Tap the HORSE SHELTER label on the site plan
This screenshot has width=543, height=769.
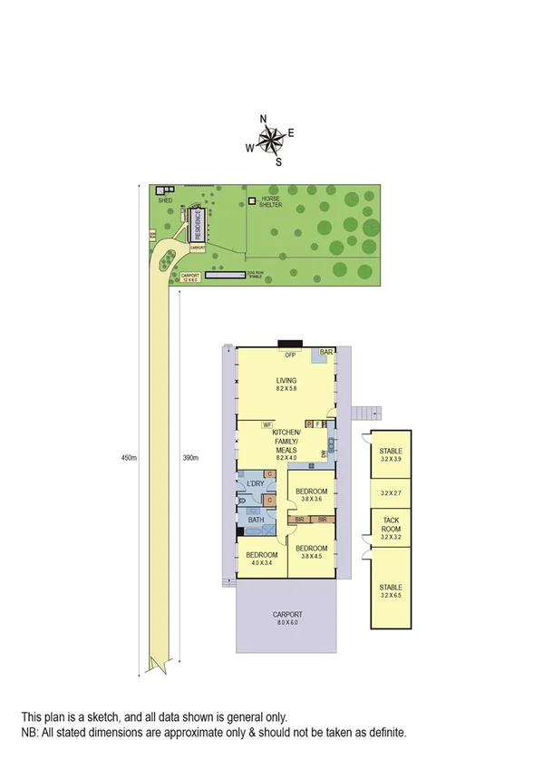[x=272, y=202]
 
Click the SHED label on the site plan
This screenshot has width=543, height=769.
[x=164, y=200]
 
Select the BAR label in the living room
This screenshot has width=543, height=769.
[x=326, y=352]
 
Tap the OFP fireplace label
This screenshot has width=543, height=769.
[x=290, y=355]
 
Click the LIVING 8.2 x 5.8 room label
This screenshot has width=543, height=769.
[x=287, y=384]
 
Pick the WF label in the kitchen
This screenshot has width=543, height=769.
[x=267, y=423]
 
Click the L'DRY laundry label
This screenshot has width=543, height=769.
[x=254, y=483]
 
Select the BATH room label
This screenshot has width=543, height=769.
[x=256, y=520]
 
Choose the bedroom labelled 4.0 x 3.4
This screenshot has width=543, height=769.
[x=262, y=559]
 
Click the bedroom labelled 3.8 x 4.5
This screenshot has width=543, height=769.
[x=312, y=552]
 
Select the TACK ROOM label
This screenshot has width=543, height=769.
[x=391, y=526]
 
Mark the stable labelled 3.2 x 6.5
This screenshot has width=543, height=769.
[x=391, y=590]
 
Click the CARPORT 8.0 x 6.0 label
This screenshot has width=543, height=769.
[x=286, y=618]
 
